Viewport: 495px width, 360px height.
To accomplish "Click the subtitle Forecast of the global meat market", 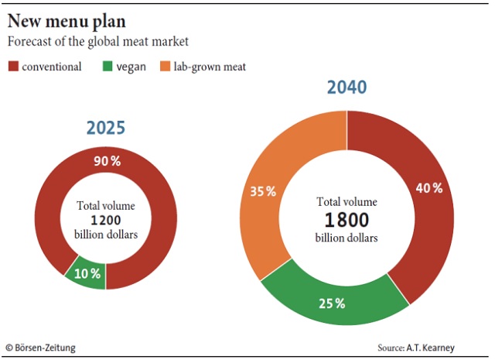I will [98, 41].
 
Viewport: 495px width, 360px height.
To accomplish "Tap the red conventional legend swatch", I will [12, 67].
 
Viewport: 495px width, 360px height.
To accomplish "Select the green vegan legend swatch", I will [106, 67].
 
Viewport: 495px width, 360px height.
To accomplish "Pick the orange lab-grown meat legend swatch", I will [166, 67].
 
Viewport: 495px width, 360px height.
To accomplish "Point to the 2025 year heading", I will [106, 127].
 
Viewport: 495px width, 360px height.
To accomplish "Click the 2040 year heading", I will [347, 87].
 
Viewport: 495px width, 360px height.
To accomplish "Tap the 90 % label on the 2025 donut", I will [107, 161].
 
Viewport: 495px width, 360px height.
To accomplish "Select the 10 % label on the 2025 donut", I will [87, 273].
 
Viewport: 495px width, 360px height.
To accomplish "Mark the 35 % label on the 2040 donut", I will [263, 191].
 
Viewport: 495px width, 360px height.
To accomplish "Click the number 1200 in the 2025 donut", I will [106, 220].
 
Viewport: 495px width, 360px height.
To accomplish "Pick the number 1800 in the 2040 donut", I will [347, 218].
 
